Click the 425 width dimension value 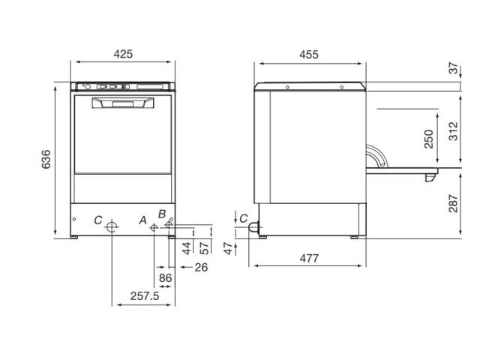click(x=123, y=54)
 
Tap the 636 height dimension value click(x=46, y=159)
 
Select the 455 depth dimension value click(x=309, y=55)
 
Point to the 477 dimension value click(x=309, y=258)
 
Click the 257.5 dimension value click(x=145, y=296)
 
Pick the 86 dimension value click(x=165, y=278)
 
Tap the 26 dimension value click(x=201, y=267)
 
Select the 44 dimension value click(x=187, y=248)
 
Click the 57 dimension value click(x=204, y=248)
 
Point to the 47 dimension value click(x=228, y=248)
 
